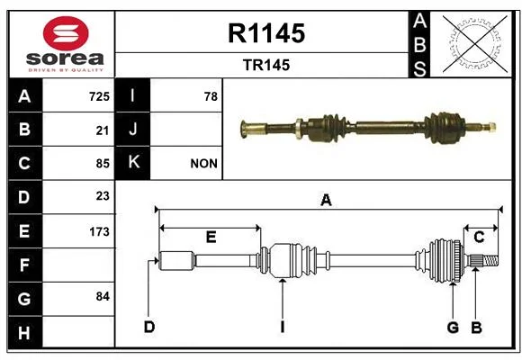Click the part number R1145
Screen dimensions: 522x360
point(266,33)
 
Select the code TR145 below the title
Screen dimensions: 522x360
point(266,65)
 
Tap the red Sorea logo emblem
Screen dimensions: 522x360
point(66,33)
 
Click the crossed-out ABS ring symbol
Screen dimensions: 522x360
point(475,43)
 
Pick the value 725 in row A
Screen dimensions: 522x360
point(99,96)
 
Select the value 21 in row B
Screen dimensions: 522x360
point(103,130)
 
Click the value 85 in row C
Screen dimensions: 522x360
point(103,164)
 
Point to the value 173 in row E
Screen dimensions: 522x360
point(99,231)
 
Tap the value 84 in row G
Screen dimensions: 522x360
point(103,296)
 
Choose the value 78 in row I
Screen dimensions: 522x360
point(211,96)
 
